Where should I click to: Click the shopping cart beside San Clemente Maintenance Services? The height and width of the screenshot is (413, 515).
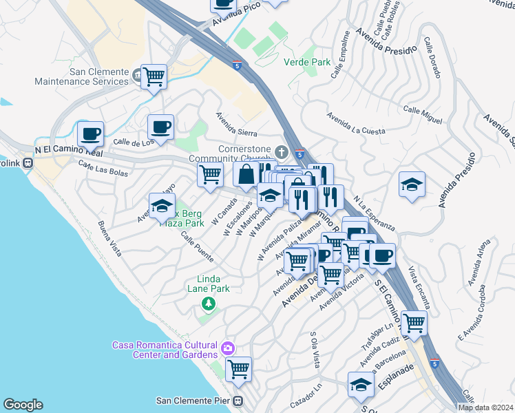tap(154, 76)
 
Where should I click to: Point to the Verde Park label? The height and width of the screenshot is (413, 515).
tap(306, 62)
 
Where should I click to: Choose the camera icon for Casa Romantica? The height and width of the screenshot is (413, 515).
tap(228, 349)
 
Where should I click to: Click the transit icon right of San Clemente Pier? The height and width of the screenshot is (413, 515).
tap(238, 401)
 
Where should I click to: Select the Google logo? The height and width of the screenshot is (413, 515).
tap(23, 405)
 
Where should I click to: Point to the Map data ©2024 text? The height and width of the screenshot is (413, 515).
tap(485, 407)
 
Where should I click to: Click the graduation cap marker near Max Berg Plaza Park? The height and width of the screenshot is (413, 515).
tap(162, 206)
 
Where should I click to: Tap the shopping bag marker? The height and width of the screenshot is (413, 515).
tap(246, 174)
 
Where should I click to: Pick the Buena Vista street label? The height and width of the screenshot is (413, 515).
tap(109, 238)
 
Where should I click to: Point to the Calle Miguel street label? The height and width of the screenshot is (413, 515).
tap(422, 114)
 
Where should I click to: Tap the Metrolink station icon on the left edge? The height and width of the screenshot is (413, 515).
tap(28, 163)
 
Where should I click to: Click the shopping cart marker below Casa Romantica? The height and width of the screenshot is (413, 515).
tap(238, 369)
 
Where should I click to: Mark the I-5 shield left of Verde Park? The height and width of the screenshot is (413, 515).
tap(237, 66)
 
